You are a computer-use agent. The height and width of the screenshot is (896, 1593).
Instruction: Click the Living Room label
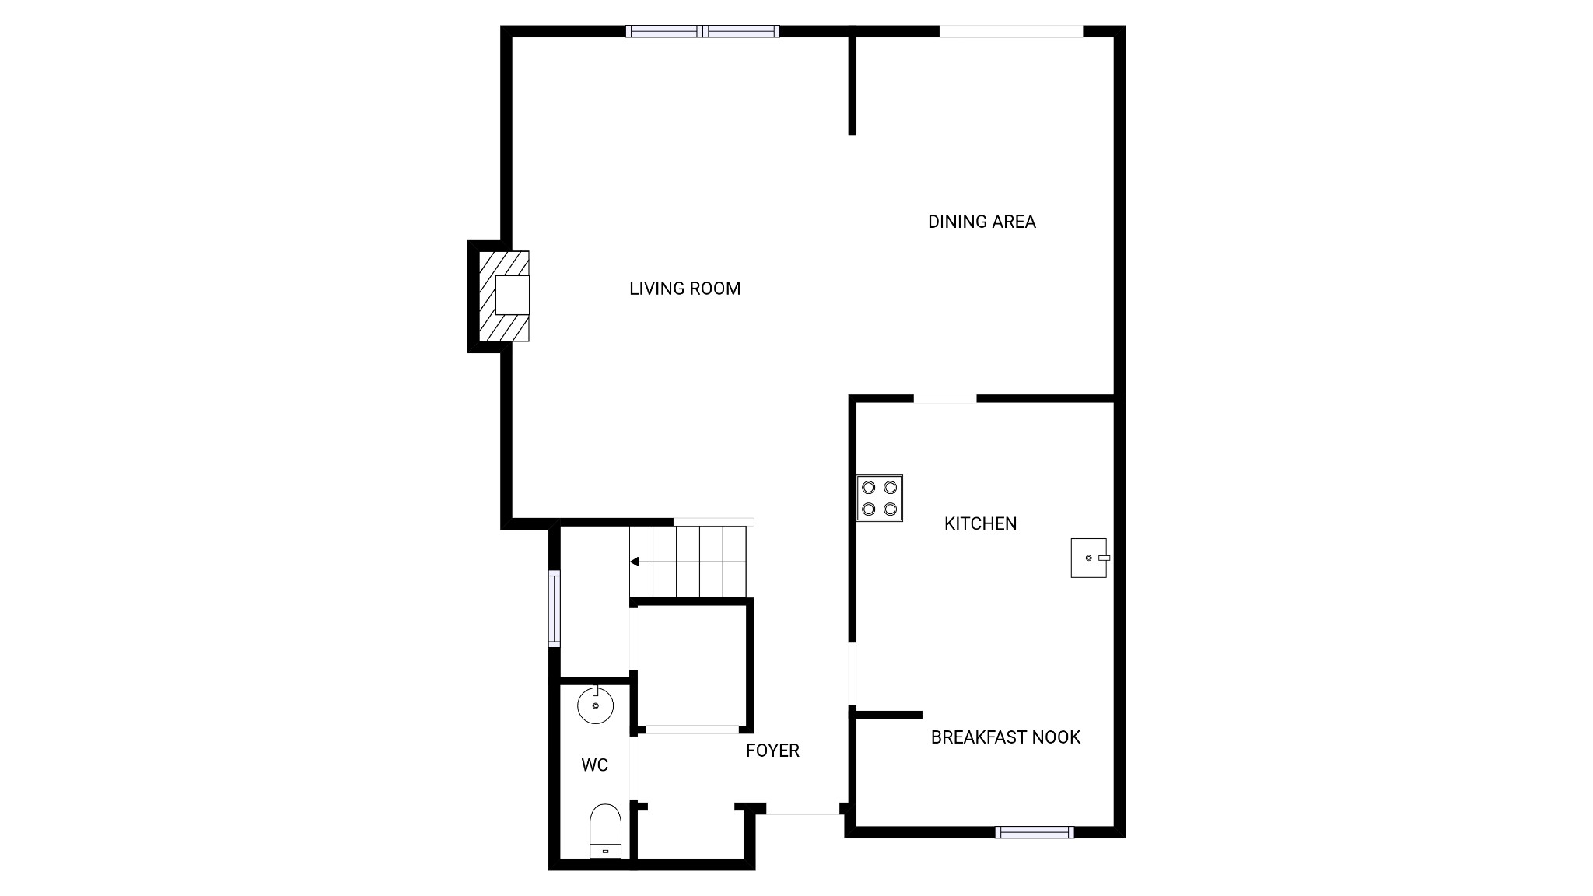pos(684,289)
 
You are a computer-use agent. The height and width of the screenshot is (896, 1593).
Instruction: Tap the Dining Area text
pos(982,222)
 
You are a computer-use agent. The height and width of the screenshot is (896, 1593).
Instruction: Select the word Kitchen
pos(980,523)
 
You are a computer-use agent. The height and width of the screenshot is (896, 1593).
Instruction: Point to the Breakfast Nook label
pos(1005,737)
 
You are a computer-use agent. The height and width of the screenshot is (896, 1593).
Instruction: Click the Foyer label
pos(772,751)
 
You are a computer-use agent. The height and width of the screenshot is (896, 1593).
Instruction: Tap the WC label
pos(594,765)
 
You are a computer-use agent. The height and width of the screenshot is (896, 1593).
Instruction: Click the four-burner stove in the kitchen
pos(880,498)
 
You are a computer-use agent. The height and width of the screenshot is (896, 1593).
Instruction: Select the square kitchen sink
pos(1088,558)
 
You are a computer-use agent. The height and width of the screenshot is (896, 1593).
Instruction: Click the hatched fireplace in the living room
pos(504,296)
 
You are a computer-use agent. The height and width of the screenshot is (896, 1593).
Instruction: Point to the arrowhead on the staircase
pos(634,562)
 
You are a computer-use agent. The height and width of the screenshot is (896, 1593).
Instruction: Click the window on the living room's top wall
pos(702,31)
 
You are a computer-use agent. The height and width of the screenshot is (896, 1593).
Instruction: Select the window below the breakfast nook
pos(1035,832)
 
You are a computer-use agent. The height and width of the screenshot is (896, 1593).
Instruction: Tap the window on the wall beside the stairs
pos(554,608)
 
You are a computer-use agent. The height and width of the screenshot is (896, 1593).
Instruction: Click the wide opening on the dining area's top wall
pos(1011,31)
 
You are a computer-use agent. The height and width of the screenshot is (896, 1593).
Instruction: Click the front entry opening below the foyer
pos(803,814)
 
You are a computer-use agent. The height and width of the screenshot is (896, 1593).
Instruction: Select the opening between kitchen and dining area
pos(944,399)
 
